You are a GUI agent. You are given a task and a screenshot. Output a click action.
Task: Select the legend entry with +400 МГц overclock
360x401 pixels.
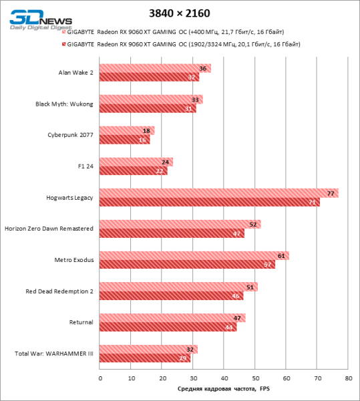(x=180, y=31)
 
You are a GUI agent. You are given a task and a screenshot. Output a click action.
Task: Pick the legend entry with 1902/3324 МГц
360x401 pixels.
(x=180, y=44)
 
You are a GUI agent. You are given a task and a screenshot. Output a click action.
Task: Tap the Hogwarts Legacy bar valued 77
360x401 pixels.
(x=219, y=193)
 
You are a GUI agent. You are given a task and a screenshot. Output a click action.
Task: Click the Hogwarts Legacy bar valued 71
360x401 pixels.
(x=210, y=202)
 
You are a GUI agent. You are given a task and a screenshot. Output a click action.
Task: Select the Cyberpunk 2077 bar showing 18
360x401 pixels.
(x=127, y=130)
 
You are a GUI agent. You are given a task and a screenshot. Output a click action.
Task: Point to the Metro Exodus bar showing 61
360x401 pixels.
(x=194, y=255)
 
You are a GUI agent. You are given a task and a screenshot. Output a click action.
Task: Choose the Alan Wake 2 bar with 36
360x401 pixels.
(x=155, y=68)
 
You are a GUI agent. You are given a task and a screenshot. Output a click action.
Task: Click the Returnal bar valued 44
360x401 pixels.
(x=168, y=327)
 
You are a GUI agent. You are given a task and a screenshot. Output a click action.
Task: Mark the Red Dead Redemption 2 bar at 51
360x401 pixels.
(x=178, y=287)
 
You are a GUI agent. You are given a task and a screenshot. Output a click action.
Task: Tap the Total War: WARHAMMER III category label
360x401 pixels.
(x=54, y=354)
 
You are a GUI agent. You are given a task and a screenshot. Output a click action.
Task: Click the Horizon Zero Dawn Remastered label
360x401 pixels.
(x=49, y=229)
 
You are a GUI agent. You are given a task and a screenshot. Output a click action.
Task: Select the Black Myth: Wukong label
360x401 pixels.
(x=64, y=104)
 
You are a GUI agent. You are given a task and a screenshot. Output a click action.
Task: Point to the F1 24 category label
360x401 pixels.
(x=85, y=166)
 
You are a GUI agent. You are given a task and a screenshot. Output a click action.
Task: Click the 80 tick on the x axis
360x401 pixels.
(x=348, y=378)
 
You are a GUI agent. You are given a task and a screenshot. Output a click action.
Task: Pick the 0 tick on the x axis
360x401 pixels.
(x=100, y=378)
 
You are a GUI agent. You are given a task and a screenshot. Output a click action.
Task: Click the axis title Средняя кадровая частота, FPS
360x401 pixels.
(x=223, y=390)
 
